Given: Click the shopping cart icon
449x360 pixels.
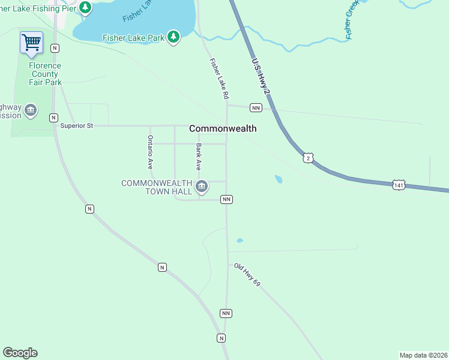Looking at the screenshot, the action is click(x=31, y=43).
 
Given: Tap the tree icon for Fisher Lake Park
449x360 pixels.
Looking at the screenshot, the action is click(x=173, y=37).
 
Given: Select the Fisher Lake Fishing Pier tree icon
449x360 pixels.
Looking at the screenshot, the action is click(x=85, y=8).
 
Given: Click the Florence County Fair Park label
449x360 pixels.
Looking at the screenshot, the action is click(x=45, y=73).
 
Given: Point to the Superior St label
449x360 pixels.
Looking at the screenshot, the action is click(x=77, y=126).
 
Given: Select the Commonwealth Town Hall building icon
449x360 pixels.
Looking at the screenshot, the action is click(x=202, y=187).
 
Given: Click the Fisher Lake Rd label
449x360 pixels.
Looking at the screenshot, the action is click(x=219, y=79).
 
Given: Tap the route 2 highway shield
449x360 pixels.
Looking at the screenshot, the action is click(x=308, y=158).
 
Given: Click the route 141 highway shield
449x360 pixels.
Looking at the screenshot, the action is click(x=399, y=185).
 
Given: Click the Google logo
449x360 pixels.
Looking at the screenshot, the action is click(x=20, y=353).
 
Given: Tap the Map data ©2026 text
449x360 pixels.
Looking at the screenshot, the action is click(x=423, y=355).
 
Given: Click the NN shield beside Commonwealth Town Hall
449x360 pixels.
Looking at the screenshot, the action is click(x=226, y=199).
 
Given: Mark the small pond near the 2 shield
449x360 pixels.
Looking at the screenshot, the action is click(x=279, y=179).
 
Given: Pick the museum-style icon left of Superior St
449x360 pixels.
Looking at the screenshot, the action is click(x=30, y=111).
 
